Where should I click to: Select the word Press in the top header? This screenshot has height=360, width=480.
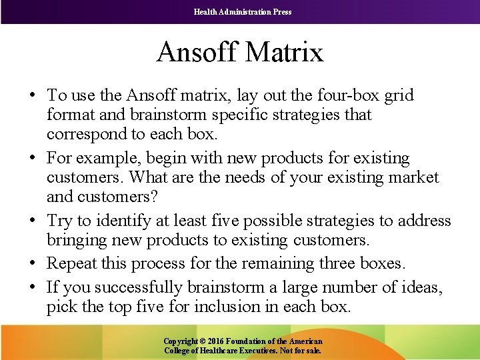pyautogui.click(x=281, y=11)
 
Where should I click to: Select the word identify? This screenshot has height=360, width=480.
pyautogui.click(x=119, y=221)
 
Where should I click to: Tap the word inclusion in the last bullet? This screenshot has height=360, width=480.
pyautogui.click(x=250, y=307)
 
